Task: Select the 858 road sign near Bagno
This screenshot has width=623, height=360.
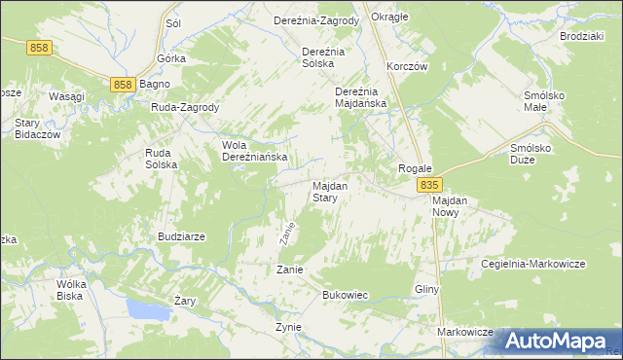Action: tap(122, 86)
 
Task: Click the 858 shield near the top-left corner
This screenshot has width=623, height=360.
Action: tap(40, 48)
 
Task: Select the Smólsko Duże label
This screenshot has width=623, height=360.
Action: tap(532, 154)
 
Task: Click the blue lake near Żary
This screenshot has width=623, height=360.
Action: tap(146, 310)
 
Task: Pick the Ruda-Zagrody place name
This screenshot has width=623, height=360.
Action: tap(185, 107)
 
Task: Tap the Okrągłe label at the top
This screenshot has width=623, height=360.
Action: tap(390, 18)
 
